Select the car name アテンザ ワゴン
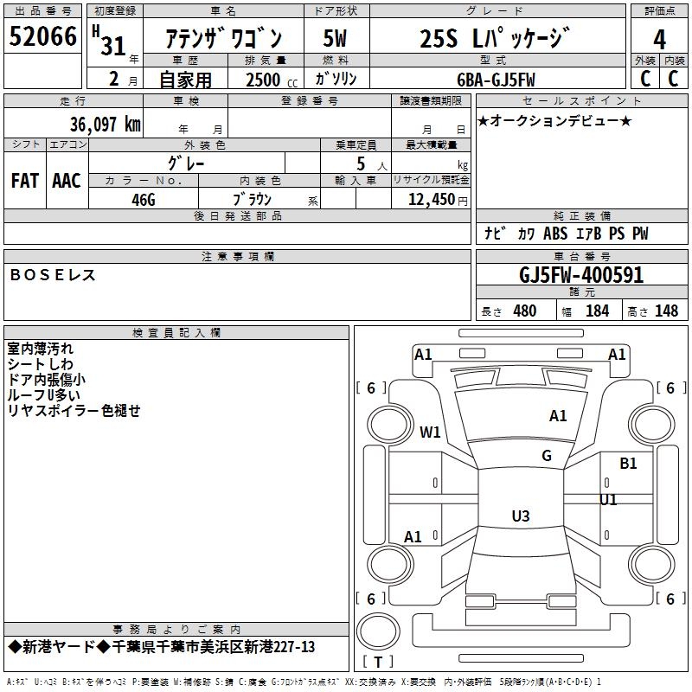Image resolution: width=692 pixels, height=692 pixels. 223,39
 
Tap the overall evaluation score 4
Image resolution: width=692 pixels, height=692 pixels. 659,38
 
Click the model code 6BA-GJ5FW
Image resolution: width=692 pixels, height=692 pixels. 497,80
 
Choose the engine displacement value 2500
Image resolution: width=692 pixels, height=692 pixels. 263,80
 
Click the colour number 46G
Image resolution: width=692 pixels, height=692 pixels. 144,199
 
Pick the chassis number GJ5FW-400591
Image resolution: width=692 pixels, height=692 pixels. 581,275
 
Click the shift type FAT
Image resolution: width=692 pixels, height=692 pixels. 25,181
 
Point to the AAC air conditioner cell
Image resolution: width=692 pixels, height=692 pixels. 67,181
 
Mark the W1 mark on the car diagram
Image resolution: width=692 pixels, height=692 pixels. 430,432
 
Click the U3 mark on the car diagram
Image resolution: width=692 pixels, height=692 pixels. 520,516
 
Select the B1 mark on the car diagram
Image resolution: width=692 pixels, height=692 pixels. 628,464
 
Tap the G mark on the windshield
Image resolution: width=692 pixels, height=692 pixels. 547,456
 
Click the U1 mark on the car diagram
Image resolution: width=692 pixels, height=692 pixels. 609,500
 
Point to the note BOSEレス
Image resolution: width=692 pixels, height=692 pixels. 52,275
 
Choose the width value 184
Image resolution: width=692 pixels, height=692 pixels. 597,311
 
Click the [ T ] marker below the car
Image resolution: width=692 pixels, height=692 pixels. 378,663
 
